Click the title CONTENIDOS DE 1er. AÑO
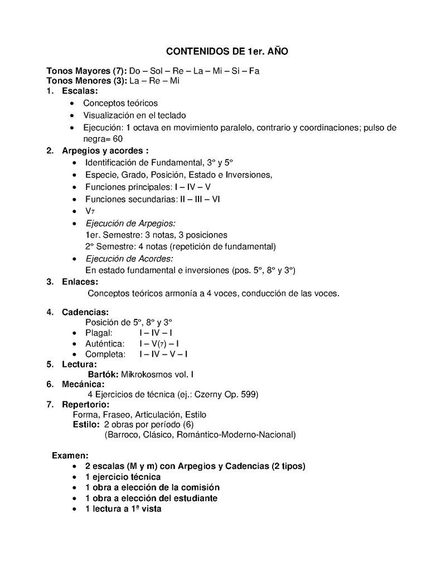point(227,51)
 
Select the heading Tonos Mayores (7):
point(86,71)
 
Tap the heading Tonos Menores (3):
point(86,81)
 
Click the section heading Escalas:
point(80,91)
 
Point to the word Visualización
point(109,115)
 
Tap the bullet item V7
point(90,211)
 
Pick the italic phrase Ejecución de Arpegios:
point(130,223)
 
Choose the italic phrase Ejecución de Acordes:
point(129,259)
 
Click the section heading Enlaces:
point(80,282)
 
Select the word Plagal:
point(99,333)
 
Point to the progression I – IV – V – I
point(163,354)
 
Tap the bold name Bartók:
point(103,375)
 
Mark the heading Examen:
point(70,455)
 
